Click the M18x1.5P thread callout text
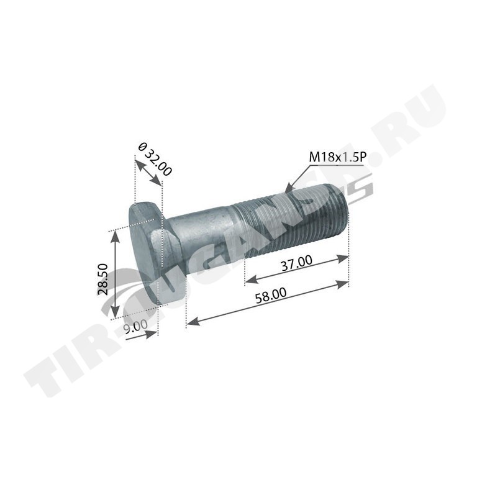(x=337, y=157)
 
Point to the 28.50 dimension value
(x=104, y=279)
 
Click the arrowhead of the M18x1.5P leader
(x=288, y=189)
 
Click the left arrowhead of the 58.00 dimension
(x=193, y=321)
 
